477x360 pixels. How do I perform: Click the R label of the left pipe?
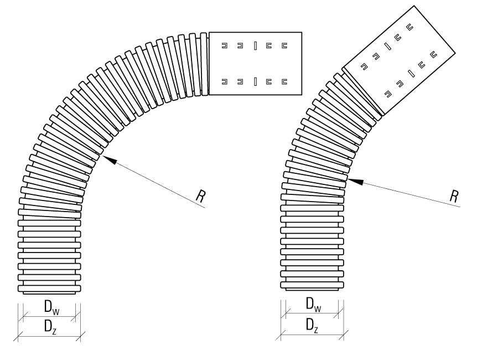pos(201,196)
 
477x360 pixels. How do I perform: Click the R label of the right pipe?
pos(454,196)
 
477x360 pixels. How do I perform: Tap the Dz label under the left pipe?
pos(50,327)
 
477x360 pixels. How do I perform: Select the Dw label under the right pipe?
pos(313,304)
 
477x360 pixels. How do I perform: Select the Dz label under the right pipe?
pos(312,326)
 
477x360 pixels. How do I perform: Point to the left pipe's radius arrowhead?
pos(110,160)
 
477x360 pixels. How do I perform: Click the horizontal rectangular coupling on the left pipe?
pos(255,64)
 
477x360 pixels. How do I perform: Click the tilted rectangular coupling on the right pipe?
pos(399,60)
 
